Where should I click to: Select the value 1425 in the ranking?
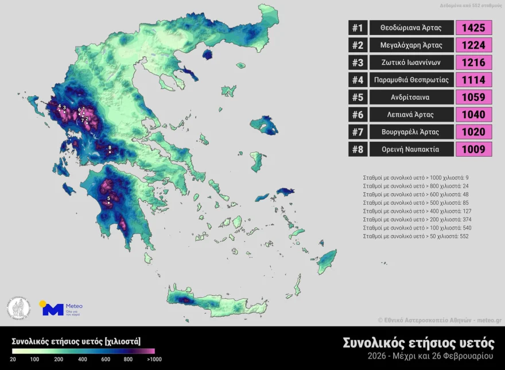(x=474, y=28)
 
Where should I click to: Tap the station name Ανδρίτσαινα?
(x=411, y=97)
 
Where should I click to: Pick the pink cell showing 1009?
(x=474, y=149)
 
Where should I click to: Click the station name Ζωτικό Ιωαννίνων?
(x=411, y=63)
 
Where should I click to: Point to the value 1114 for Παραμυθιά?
(x=474, y=80)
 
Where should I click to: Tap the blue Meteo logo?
(x=53, y=310)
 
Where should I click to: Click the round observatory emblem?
(x=18, y=309)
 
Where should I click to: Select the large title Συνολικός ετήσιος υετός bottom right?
(x=418, y=342)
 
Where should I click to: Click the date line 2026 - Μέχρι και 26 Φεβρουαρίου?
(x=430, y=356)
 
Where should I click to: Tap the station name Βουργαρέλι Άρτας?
(x=411, y=132)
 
